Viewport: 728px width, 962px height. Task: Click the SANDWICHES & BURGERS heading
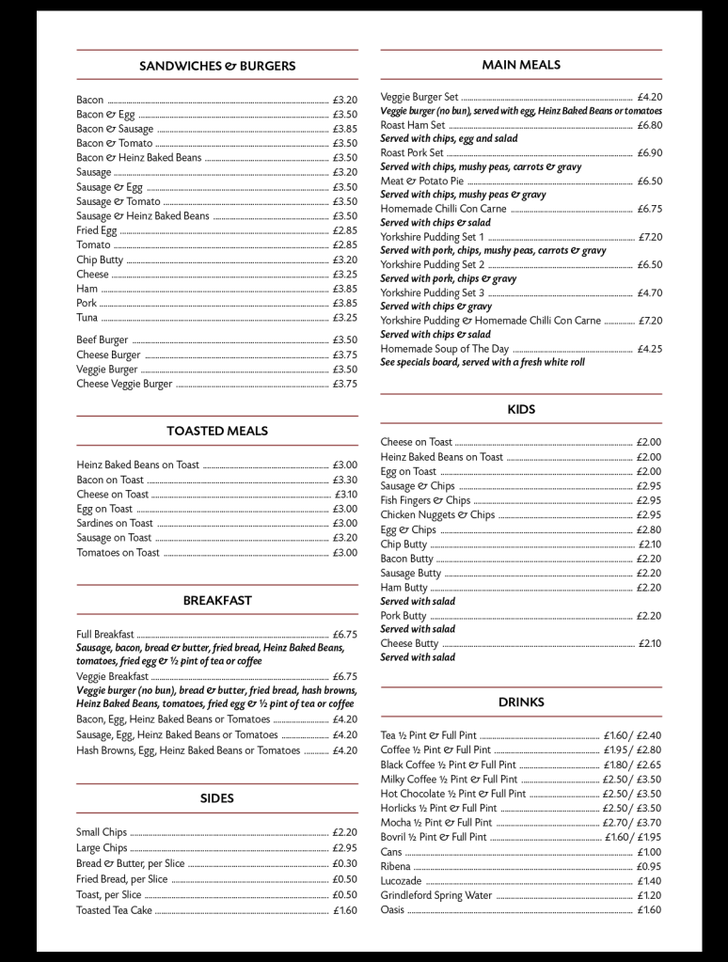pos(217,66)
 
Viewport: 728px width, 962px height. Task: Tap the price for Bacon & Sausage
pos(344,129)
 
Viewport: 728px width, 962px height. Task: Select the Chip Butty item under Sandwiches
pos(100,260)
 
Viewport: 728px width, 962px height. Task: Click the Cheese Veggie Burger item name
pos(124,384)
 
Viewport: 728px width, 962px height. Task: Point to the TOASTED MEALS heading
pos(217,431)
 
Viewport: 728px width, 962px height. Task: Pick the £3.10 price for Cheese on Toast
pos(345,494)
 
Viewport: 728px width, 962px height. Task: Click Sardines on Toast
pos(115,523)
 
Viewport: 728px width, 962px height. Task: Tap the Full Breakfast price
pos(344,635)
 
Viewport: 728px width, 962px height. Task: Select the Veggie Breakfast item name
pos(112,676)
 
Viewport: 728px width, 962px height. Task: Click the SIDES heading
pos(217,798)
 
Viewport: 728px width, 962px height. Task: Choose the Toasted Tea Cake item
pos(114,910)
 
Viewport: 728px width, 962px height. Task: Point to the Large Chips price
pos(344,848)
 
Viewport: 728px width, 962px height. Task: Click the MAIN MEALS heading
pos(521,65)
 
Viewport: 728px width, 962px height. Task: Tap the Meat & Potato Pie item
pos(421,181)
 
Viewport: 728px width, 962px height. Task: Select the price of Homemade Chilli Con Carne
pos(649,209)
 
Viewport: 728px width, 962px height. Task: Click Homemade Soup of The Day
pos(445,349)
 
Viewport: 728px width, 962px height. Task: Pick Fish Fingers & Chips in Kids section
pos(425,500)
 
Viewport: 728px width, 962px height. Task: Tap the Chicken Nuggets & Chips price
pos(648,515)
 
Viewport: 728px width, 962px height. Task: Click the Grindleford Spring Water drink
pos(436,896)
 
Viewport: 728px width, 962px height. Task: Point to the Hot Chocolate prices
pos(631,794)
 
